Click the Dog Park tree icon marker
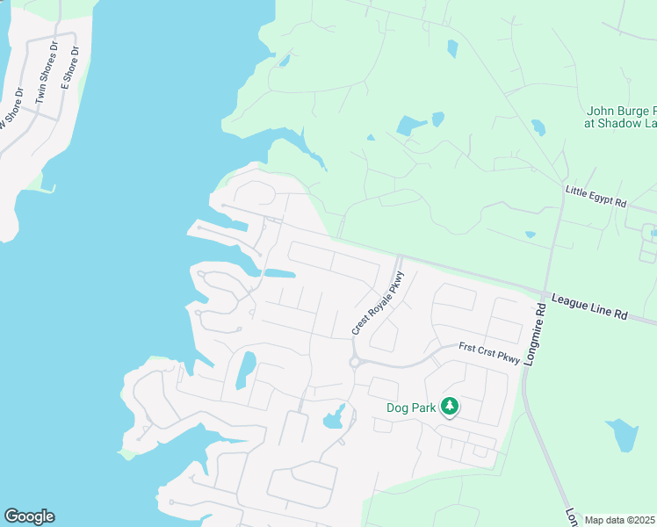click(x=450, y=406)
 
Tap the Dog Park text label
click(x=412, y=408)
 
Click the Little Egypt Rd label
click(x=596, y=196)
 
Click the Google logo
click(x=29, y=516)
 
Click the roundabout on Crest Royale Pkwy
click(x=356, y=362)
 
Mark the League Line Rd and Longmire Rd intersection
click(x=547, y=294)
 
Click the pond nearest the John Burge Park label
click(x=538, y=127)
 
